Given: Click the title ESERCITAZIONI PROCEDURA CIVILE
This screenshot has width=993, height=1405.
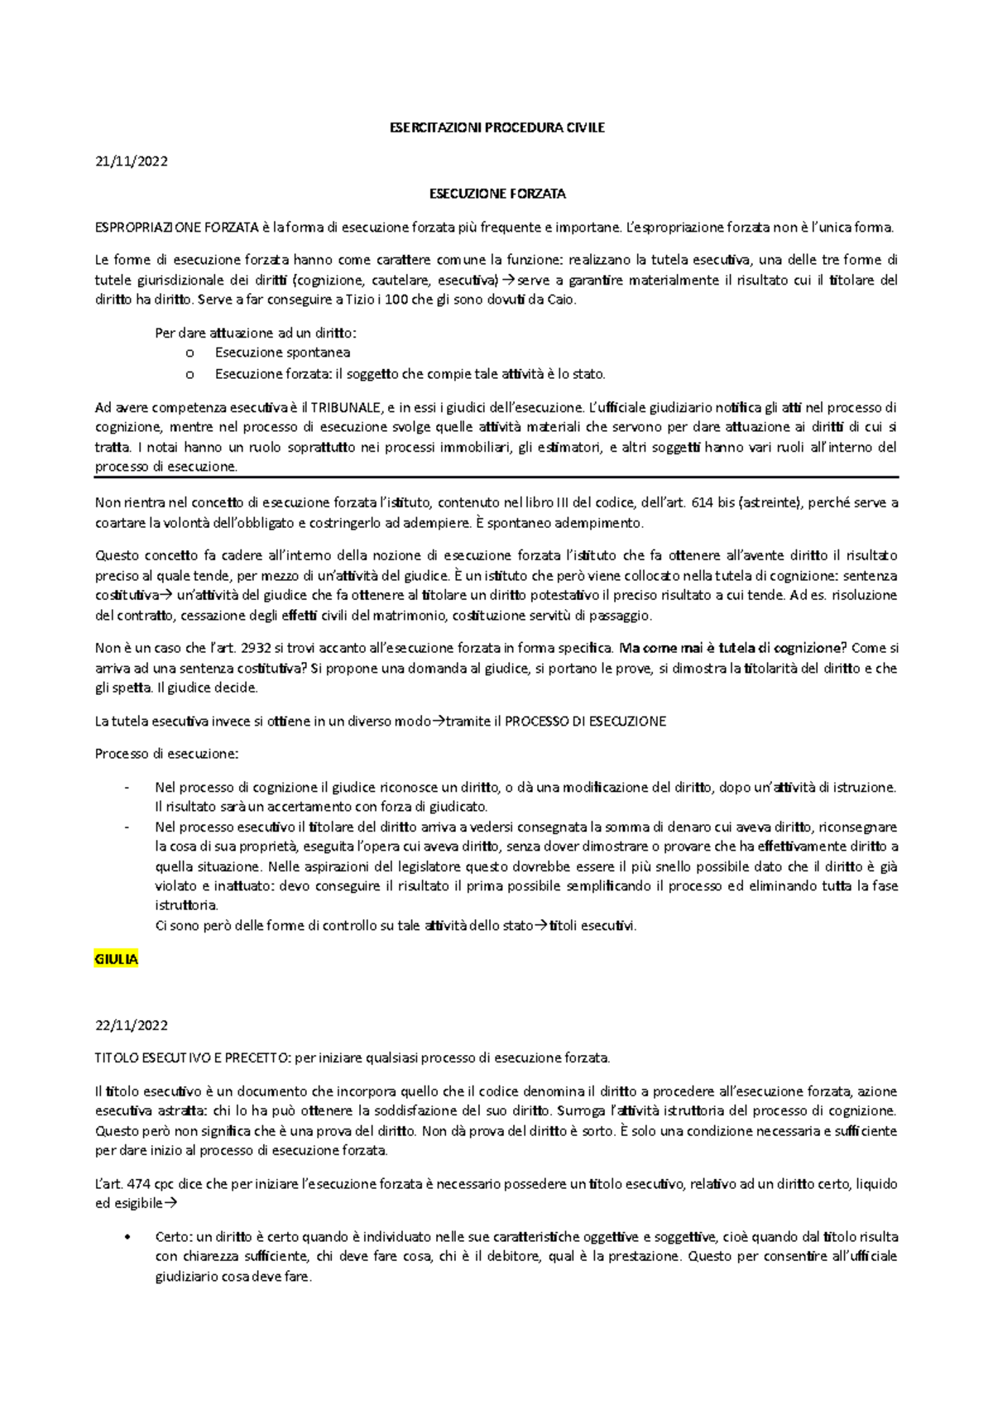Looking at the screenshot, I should [496, 127].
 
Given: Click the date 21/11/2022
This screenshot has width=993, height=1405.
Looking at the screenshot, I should [132, 161].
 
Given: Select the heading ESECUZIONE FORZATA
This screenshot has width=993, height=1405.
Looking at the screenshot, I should [496, 194].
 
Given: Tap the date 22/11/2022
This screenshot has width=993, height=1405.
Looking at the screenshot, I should [132, 1025].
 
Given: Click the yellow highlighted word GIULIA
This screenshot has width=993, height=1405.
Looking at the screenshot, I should [116, 960].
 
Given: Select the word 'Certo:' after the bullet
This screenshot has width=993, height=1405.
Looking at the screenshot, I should [174, 1237].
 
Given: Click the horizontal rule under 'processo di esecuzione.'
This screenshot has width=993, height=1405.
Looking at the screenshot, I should [496, 477].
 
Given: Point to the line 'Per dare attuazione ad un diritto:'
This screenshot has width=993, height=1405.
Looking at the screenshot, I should [256, 333].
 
